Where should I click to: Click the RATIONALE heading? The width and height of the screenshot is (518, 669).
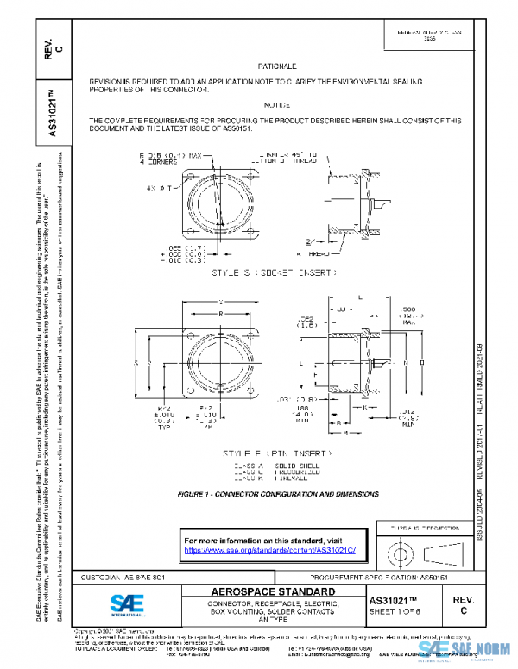point(277,66)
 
